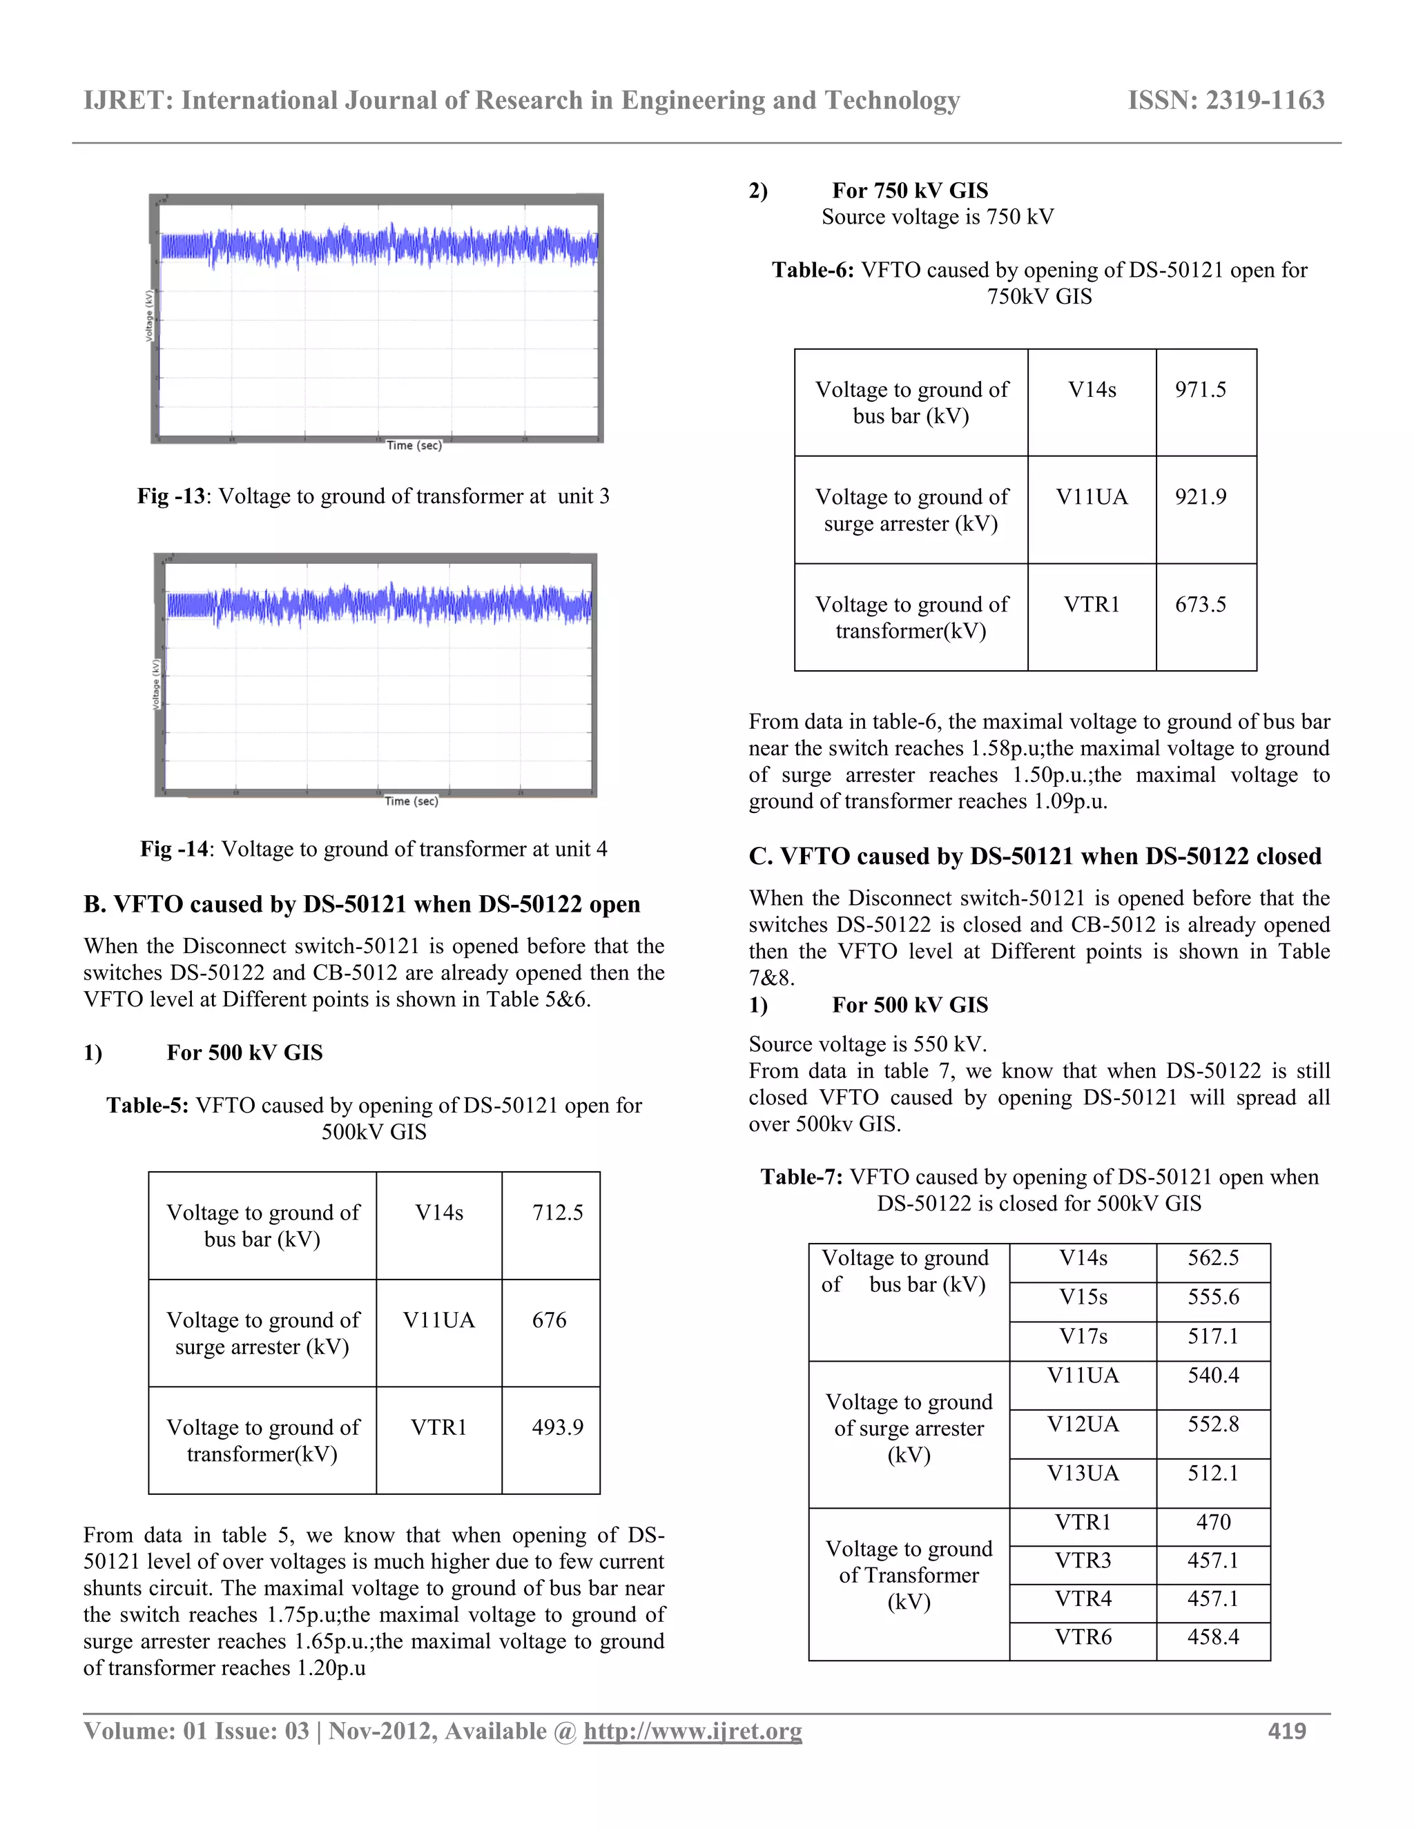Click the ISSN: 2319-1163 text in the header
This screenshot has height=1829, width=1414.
1226,101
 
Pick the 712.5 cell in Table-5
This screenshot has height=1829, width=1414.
557,1212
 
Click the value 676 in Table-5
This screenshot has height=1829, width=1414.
549,1320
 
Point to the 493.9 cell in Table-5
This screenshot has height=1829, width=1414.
557,1427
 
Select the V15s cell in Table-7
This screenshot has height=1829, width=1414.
1083,1298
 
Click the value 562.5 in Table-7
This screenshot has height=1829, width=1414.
1212,1258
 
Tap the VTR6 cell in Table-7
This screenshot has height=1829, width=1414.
1083,1637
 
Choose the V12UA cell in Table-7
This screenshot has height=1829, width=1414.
1083,1425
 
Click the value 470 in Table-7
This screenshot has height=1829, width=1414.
1212,1522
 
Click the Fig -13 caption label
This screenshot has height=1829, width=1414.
171,497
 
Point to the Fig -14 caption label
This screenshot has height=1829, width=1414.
173,849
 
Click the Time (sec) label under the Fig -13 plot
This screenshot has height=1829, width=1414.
413,446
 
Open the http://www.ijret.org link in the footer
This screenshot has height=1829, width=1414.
692,1731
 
